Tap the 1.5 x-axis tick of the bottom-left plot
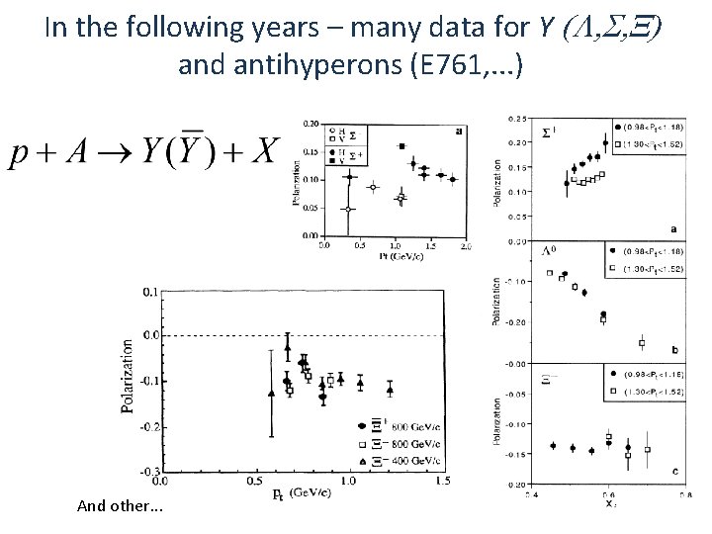pyautogui.click(x=440, y=483)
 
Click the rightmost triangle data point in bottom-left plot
pyautogui.click(x=390, y=388)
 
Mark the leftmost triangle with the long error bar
pyautogui.click(x=271, y=393)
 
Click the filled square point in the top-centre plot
pyautogui.click(x=402, y=146)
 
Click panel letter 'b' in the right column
pyautogui.click(x=673, y=349)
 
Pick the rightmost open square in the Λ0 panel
pyautogui.click(x=641, y=343)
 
